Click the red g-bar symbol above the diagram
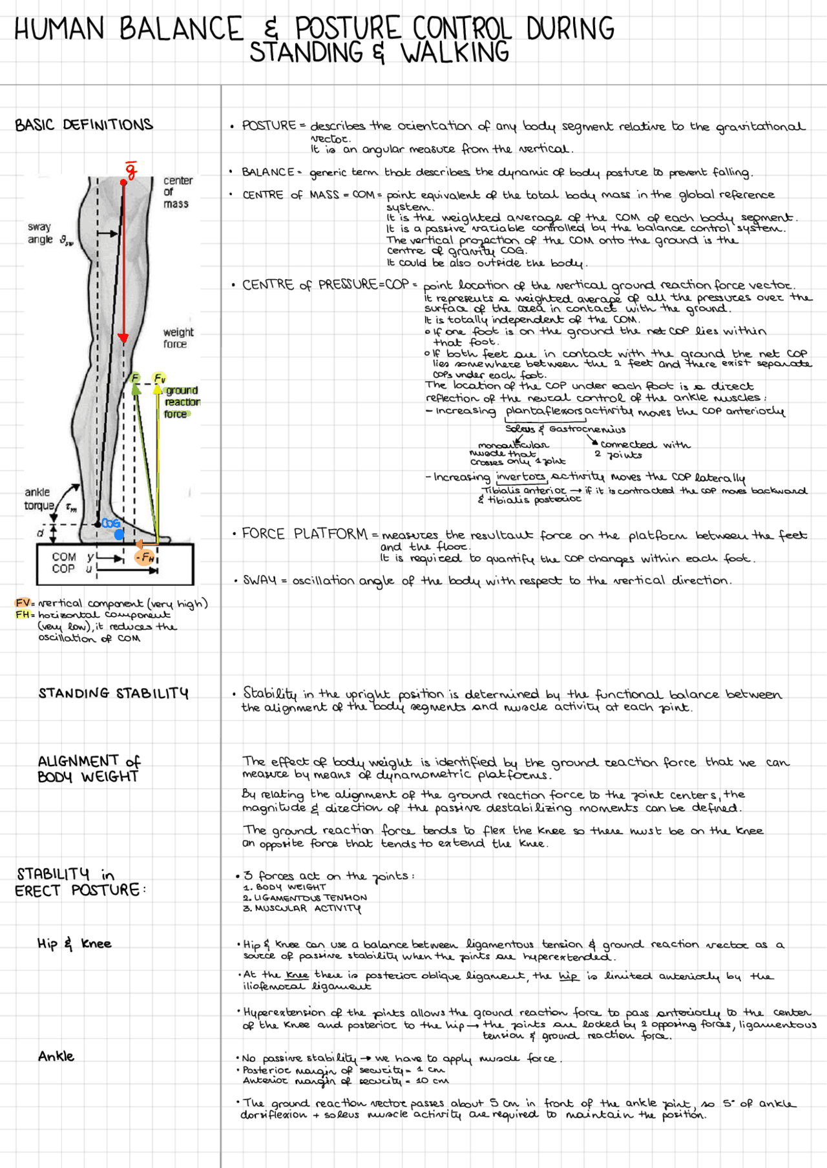click(131, 170)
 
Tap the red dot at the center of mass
click(123, 183)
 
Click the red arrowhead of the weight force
click(123, 338)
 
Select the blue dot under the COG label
click(119, 535)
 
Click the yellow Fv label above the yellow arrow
click(159, 378)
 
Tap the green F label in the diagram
click(135, 378)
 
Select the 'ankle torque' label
click(39, 499)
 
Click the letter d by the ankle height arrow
click(40, 533)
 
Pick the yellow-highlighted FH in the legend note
click(23, 614)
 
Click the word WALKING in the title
click(455, 53)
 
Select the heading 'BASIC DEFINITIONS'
click(84, 125)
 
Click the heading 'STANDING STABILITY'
click(113, 693)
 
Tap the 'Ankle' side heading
click(56, 1056)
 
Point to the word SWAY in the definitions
click(260, 580)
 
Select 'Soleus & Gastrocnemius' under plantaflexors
click(565, 429)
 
